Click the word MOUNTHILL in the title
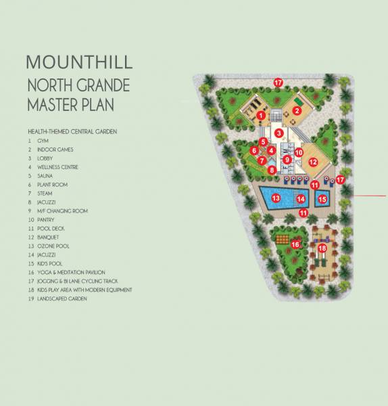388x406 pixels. click(x=79, y=62)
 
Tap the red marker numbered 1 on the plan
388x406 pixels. click(x=260, y=116)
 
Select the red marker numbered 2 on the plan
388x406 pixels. click(x=296, y=111)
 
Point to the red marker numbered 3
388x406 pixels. click(x=278, y=133)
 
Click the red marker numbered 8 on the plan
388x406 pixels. click(x=272, y=170)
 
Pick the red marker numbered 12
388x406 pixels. click(x=312, y=162)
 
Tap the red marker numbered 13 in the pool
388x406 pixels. click(x=276, y=198)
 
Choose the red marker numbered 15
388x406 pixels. click(x=322, y=199)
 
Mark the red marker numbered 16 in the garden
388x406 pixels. click(x=295, y=244)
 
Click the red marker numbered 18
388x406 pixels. click(x=322, y=248)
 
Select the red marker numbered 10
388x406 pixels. click(x=298, y=154)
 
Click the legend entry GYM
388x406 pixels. click(x=43, y=140)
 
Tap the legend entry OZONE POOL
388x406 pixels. click(x=53, y=246)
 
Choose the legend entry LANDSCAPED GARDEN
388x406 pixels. click(x=63, y=298)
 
